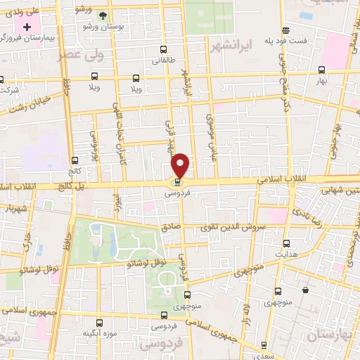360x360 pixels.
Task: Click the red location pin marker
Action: tap(181, 165)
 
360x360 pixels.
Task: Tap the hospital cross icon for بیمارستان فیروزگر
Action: tap(27, 27)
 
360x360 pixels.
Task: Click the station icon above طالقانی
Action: tap(164, 50)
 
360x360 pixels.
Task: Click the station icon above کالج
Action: tap(75, 160)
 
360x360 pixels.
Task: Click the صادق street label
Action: tap(170, 227)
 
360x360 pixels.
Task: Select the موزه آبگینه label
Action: tap(98, 332)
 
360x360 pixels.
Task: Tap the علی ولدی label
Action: tap(22, 11)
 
